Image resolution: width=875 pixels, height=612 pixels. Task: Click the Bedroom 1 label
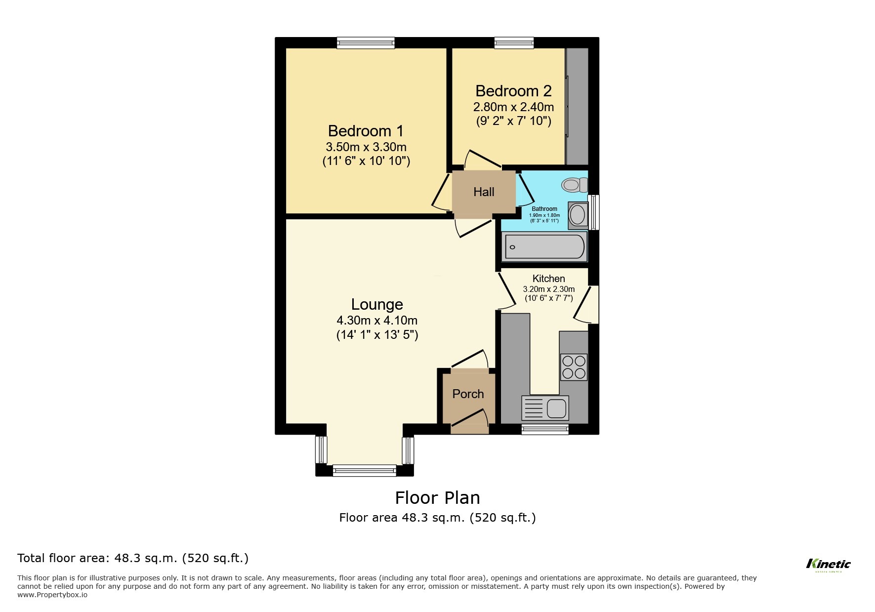pos(366,131)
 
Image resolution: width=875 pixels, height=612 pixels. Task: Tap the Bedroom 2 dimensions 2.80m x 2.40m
pos(513,107)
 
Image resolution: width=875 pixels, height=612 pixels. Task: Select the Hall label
pos(483,192)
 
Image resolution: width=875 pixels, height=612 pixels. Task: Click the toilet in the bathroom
pos(574,185)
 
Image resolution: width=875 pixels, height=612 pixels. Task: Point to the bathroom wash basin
pos(577,215)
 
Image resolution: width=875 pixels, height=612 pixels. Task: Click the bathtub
pos(544,247)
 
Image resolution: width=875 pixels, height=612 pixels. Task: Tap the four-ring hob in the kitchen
pos(574,367)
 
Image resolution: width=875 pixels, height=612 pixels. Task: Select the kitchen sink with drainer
pos(545,408)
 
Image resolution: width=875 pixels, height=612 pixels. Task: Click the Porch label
pos(468,394)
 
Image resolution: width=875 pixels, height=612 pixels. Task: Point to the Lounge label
pos(377,304)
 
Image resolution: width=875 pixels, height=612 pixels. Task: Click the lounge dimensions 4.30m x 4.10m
pos(377,321)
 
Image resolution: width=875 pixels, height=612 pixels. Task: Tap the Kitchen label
pos(548,279)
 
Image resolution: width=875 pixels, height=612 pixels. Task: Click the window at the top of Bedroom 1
pos(366,43)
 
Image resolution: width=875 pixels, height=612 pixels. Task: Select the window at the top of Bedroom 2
pos(514,43)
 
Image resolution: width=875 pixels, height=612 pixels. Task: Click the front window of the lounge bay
pos(365,470)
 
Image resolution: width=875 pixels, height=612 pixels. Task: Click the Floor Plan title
pos(437,498)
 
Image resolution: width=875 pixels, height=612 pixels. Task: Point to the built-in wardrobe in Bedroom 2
pos(577,106)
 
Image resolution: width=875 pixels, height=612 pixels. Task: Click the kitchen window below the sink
pos(545,429)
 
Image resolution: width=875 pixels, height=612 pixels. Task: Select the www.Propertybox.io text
pos(52,595)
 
